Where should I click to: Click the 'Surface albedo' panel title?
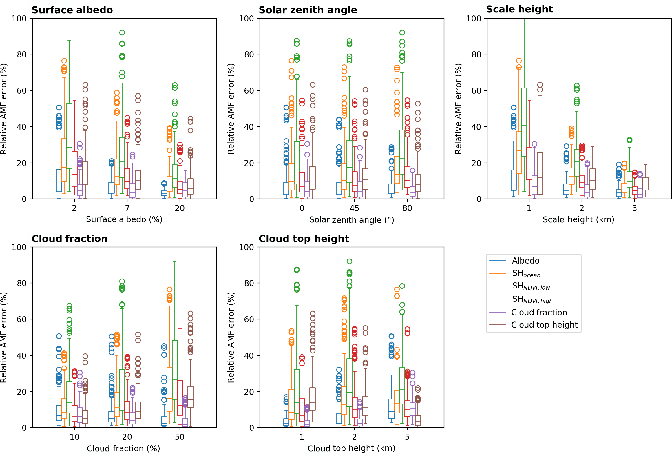[x=72, y=10]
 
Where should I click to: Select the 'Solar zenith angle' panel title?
[x=308, y=10]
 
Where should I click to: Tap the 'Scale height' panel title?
[x=519, y=9]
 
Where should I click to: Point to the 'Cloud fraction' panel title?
[x=70, y=239]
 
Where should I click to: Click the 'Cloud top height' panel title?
[x=304, y=239]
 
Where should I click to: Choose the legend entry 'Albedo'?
[x=525, y=261]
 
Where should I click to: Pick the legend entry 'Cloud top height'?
[x=544, y=325]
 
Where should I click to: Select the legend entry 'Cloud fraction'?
[x=539, y=312]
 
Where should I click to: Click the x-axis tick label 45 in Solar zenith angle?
[x=354, y=208]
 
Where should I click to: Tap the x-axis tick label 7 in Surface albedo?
[x=127, y=208]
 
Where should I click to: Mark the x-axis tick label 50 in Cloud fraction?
[x=180, y=437]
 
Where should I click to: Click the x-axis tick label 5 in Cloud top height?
[x=407, y=437]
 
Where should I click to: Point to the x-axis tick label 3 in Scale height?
[x=634, y=208]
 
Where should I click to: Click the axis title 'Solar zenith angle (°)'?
[x=352, y=220]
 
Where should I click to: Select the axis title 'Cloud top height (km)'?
[x=351, y=448]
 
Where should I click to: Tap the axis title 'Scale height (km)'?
[x=578, y=219]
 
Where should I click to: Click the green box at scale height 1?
[x=524, y=122]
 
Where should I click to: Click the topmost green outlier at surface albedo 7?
[x=122, y=32]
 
